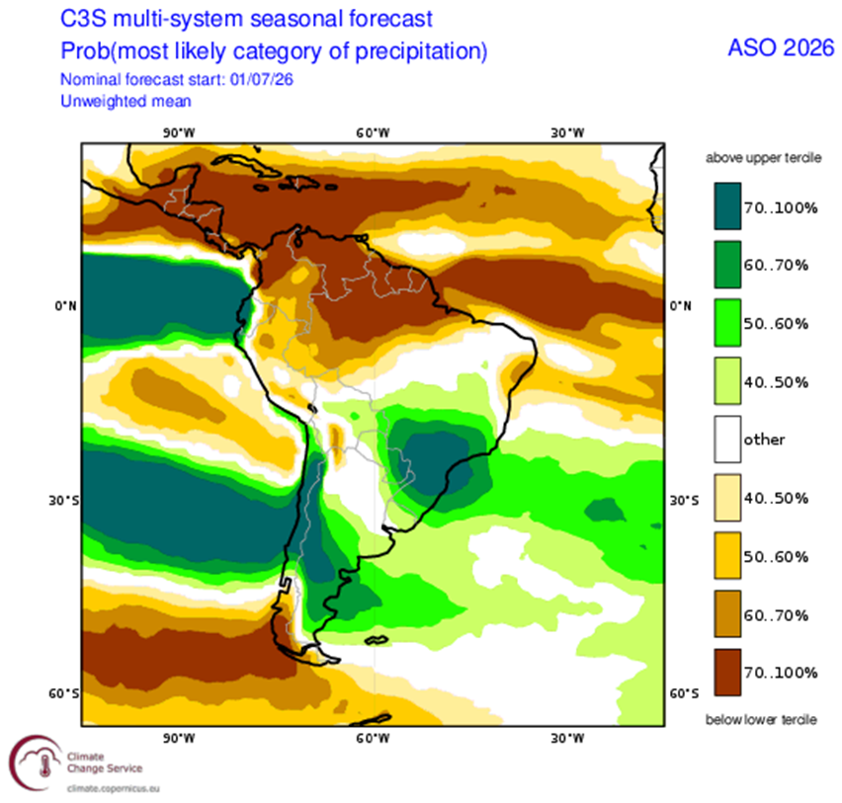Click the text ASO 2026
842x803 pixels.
coord(781,48)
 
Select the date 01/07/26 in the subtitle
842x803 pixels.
coord(262,79)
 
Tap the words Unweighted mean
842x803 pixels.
coord(126,101)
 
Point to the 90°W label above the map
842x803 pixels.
coord(179,132)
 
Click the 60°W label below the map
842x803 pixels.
coord(373,739)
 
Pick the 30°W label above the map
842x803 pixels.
coord(567,132)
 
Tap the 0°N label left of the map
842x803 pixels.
coord(65,306)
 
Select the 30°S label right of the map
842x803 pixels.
coord(684,500)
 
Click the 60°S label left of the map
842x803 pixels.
coord(63,693)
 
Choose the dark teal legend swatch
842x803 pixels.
coord(727,206)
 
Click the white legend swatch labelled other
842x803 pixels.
coord(727,440)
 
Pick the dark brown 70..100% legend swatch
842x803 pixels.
coord(727,673)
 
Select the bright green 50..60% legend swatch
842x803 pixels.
coord(727,323)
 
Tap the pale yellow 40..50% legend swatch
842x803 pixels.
coord(727,498)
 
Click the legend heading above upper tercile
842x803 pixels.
coord(763,158)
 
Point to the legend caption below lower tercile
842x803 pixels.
coord(761,720)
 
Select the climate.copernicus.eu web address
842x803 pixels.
coord(114,788)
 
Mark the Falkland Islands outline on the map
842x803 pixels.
coord(376,640)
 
